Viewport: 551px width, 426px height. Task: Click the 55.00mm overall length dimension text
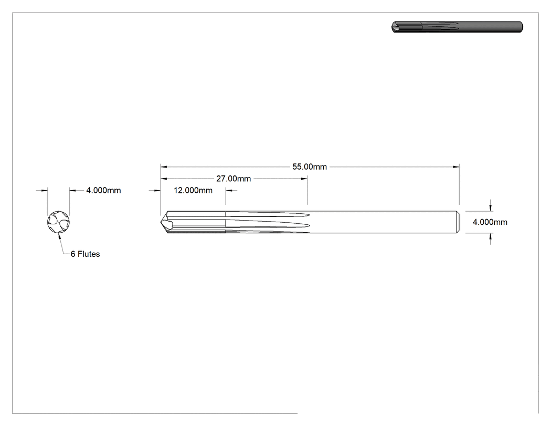tap(310, 167)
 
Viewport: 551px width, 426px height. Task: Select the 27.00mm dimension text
tap(234, 179)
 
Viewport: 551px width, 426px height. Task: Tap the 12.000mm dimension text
tap(193, 190)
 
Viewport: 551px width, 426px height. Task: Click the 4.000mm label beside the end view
tap(104, 190)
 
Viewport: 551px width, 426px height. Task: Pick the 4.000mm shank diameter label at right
tap(490, 222)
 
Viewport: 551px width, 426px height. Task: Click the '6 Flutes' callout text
tap(85, 254)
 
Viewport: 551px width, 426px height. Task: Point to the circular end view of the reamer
tap(58, 222)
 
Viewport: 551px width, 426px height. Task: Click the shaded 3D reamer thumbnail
tap(457, 27)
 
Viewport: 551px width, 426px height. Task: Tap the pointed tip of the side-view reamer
tap(161, 222)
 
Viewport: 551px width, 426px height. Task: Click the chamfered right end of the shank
tap(458, 222)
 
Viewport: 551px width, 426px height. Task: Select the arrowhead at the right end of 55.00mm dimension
tap(456, 167)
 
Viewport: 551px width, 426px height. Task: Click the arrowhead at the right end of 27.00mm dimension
tap(304, 179)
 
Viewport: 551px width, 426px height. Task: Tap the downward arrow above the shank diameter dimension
tap(491, 208)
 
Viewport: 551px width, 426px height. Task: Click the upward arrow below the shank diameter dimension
tap(491, 236)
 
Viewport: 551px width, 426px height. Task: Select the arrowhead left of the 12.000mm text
tap(157, 190)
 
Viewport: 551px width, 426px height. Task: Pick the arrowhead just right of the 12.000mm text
tap(229, 190)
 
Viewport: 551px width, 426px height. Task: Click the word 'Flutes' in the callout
tap(89, 254)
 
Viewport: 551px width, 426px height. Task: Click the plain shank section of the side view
tap(383, 222)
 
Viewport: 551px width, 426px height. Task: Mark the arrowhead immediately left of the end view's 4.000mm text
tap(73, 190)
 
